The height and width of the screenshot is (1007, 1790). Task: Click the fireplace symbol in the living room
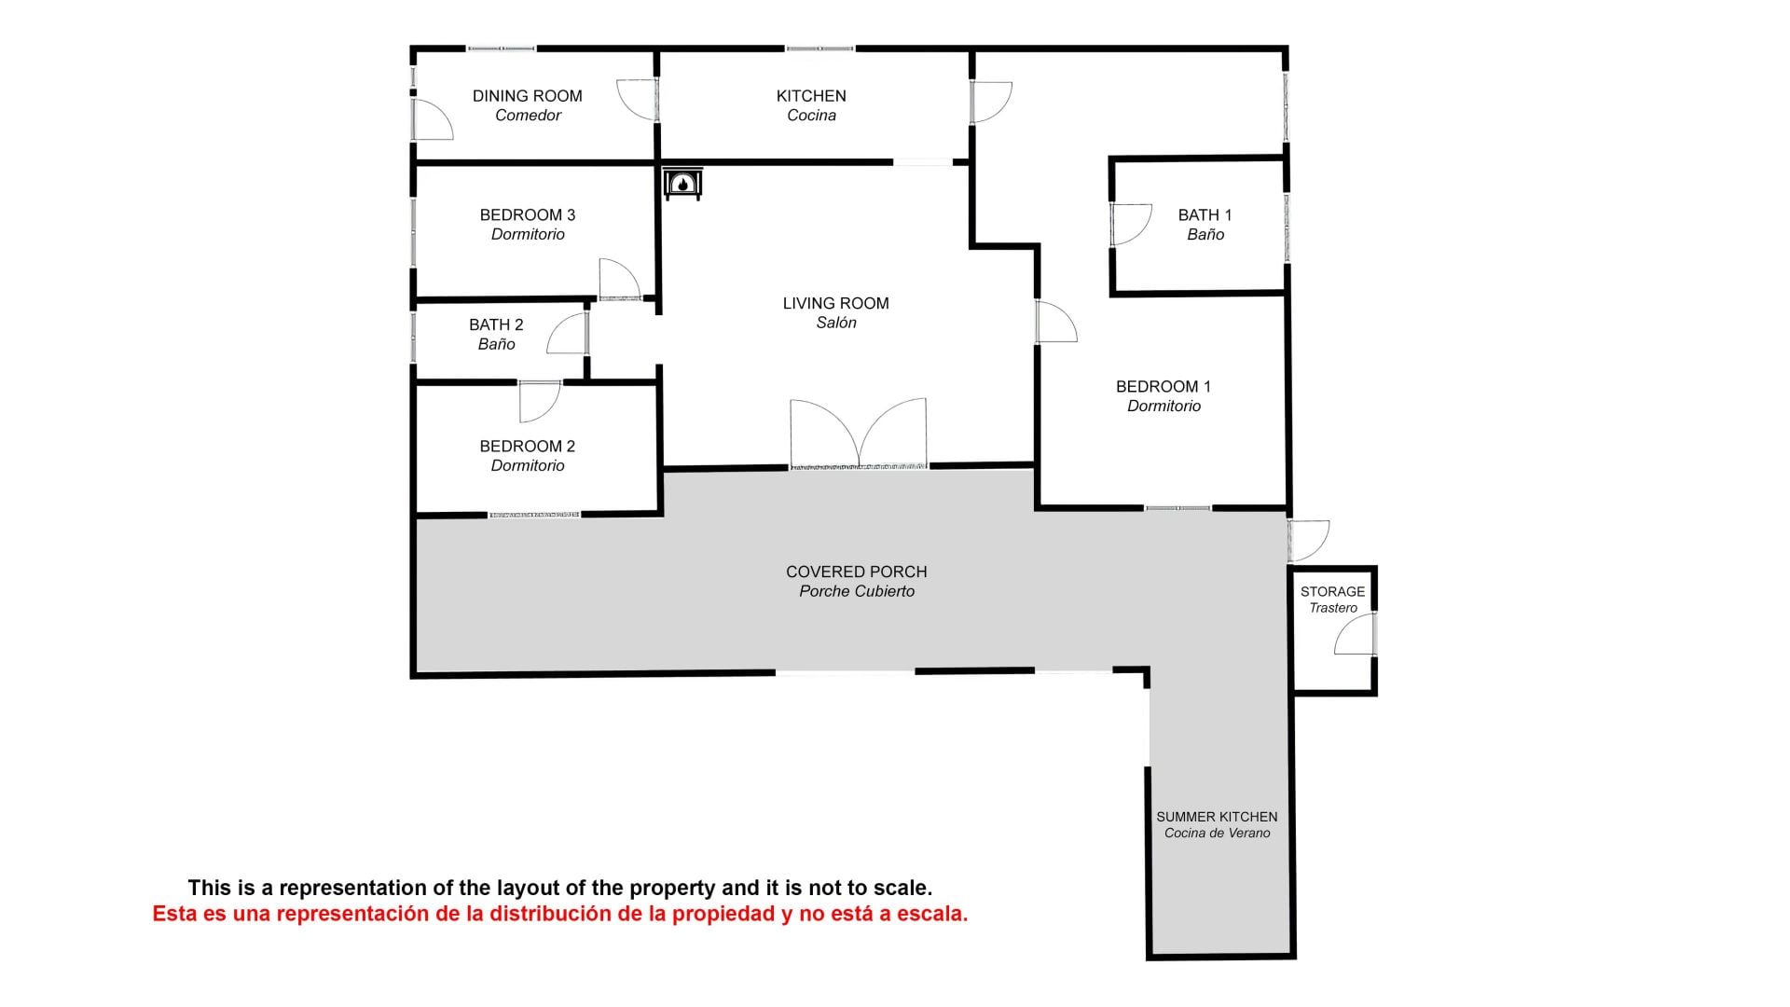click(682, 184)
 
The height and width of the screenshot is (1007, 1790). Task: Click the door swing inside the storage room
click(1354, 634)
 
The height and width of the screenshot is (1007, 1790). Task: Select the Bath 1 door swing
click(1131, 225)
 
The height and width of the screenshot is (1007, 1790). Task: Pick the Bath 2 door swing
click(567, 333)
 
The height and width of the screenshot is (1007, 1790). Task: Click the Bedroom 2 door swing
click(540, 401)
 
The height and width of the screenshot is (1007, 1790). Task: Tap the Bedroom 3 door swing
click(620, 279)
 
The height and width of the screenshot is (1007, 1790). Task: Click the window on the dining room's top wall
click(501, 48)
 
